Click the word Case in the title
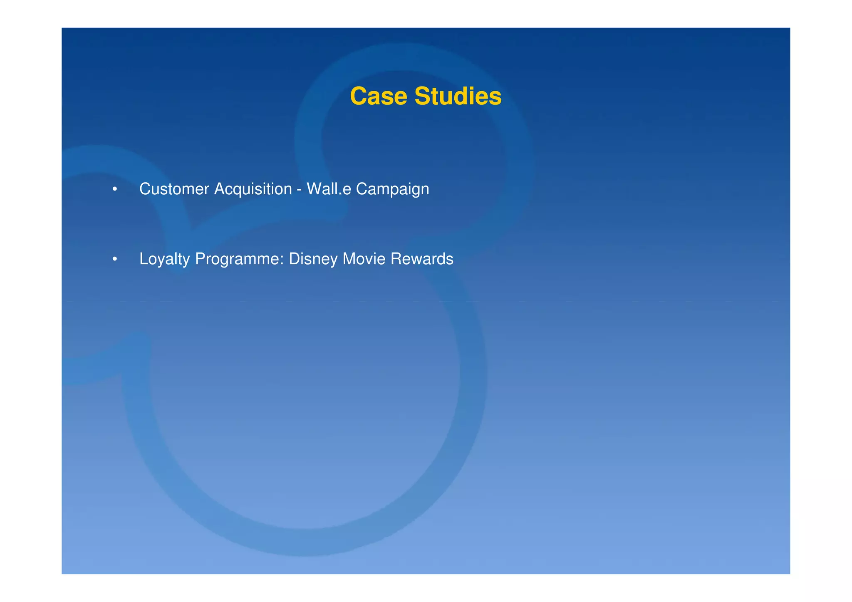click(x=378, y=96)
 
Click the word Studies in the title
click(x=458, y=96)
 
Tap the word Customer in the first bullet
click(x=174, y=189)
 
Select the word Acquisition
click(x=253, y=189)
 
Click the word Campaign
click(x=392, y=190)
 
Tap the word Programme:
click(x=239, y=259)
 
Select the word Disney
click(x=313, y=259)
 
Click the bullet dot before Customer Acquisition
click(x=114, y=190)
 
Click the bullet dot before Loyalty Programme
click(x=114, y=260)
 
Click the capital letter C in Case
click(x=358, y=96)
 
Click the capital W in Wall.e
click(x=314, y=189)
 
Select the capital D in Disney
click(x=293, y=259)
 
